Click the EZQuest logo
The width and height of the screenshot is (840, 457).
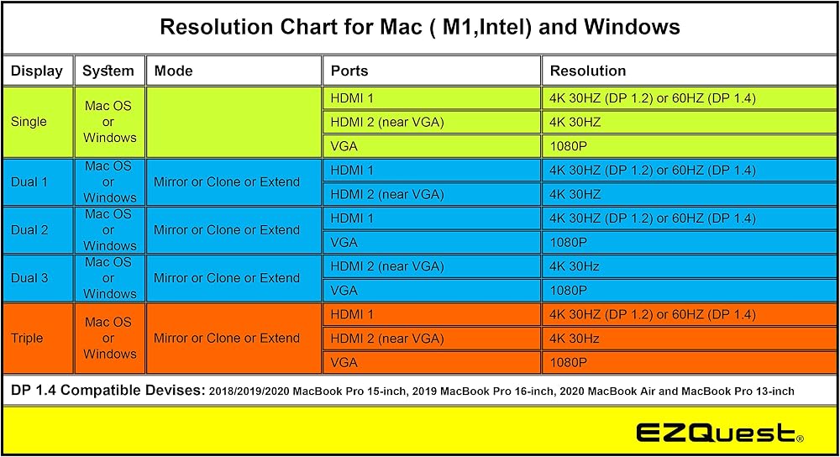[x=720, y=433]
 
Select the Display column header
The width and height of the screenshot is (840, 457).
[x=36, y=71]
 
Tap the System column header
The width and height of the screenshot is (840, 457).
[x=108, y=71]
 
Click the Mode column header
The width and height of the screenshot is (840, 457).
[x=173, y=71]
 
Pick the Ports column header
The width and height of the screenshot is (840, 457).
[x=349, y=71]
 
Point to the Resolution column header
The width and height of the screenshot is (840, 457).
[x=588, y=71]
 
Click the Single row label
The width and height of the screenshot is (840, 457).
[x=29, y=122]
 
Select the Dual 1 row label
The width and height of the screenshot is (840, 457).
[x=29, y=181]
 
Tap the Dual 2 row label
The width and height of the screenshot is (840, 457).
[x=29, y=230]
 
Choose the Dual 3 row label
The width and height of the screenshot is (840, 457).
[x=29, y=278]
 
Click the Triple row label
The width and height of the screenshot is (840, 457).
[x=27, y=338]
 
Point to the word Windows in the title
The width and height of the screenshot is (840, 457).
[x=632, y=27]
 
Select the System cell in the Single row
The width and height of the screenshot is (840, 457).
[x=109, y=122]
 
